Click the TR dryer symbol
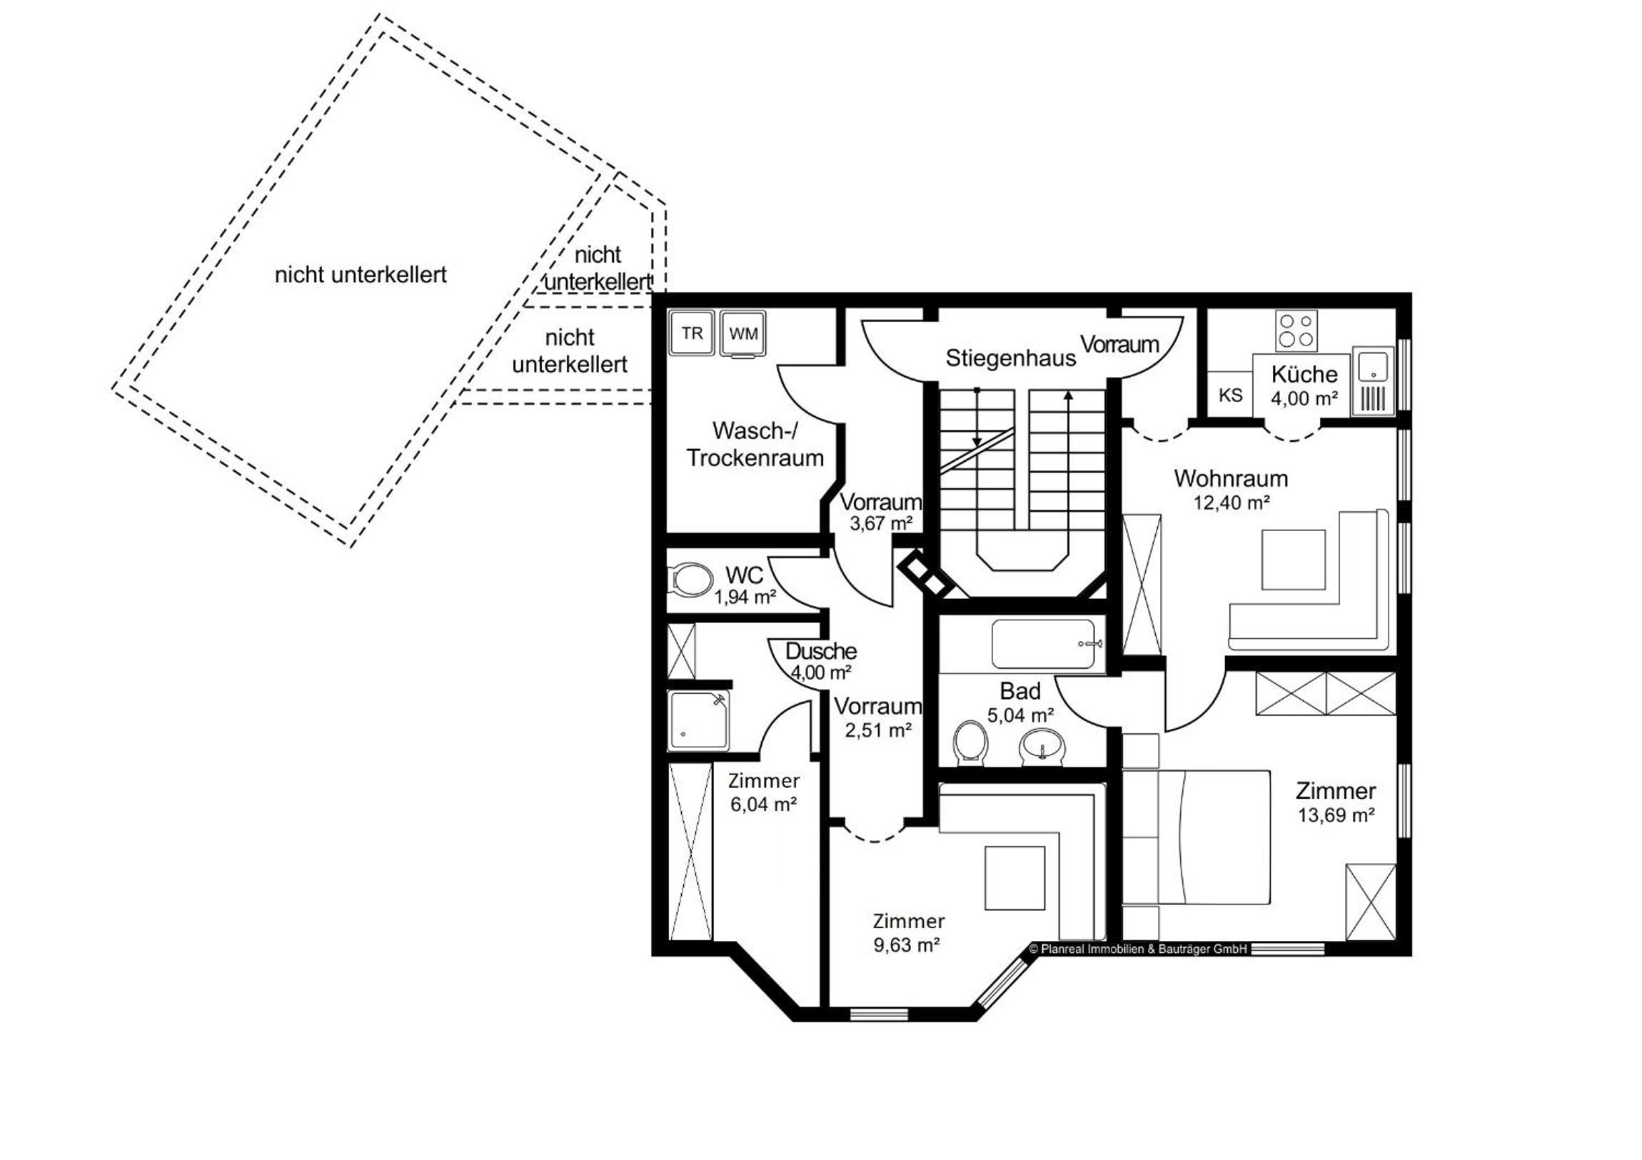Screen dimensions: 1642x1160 pyautogui.click(x=692, y=333)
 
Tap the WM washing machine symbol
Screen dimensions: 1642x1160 pyautogui.click(x=743, y=333)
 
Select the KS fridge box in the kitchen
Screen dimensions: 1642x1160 pyautogui.click(x=1230, y=394)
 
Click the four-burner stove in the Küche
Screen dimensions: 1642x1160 pyautogui.click(x=1296, y=331)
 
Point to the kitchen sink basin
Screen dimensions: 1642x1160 pyautogui.click(x=1372, y=367)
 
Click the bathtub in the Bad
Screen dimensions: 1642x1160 pyautogui.click(x=1047, y=645)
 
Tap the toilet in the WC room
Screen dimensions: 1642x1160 pyautogui.click(x=690, y=579)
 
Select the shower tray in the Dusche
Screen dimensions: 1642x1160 pyautogui.click(x=699, y=720)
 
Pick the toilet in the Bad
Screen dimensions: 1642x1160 pyautogui.click(x=970, y=743)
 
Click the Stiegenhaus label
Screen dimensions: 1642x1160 pyautogui.click(x=1010, y=358)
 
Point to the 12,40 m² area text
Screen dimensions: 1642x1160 pyautogui.click(x=1231, y=503)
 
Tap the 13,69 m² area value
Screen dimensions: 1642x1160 pyautogui.click(x=1336, y=815)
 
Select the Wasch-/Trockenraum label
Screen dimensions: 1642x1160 pyautogui.click(x=755, y=444)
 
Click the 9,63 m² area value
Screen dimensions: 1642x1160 pyautogui.click(x=906, y=944)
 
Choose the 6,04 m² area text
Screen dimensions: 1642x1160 pyautogui.click(x=764, y=804)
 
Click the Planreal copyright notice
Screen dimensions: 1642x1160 pyautogui.click(x=1138, y=949)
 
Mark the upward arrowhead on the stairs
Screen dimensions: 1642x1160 pyautogui.click(x=1068, y=395)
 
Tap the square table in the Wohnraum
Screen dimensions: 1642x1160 pyautogui.click(x=1293, y=559)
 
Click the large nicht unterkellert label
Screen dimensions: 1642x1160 pyautogui.click(x=361, y=275)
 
